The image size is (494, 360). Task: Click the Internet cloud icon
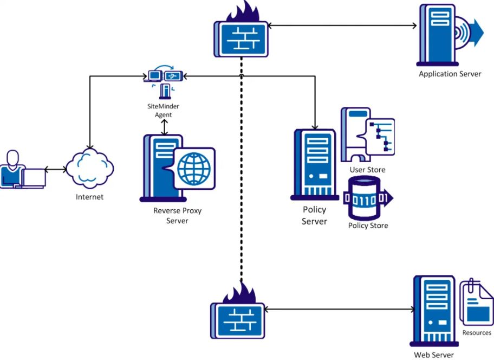click(90, 169)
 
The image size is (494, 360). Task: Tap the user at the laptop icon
click(23, 170)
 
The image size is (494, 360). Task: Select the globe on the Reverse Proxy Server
click(194, 169)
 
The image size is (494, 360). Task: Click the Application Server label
click(450, 74)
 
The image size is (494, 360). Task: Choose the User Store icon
click(368, 134)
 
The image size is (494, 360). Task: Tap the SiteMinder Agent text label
click(163, 111)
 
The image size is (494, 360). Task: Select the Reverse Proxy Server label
click(177, 216)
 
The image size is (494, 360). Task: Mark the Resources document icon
click(477, 303)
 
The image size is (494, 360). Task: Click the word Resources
click(477, 333)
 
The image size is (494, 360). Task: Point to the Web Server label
click(434, 355)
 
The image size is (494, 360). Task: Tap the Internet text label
click(89, 197)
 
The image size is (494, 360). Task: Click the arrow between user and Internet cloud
click(56, 170)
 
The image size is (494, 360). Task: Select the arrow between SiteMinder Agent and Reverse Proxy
click(164, 127)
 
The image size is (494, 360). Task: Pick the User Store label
click(368, 170)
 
